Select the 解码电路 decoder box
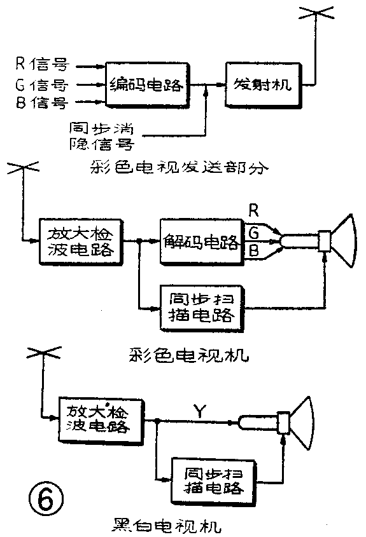(198, 242)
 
